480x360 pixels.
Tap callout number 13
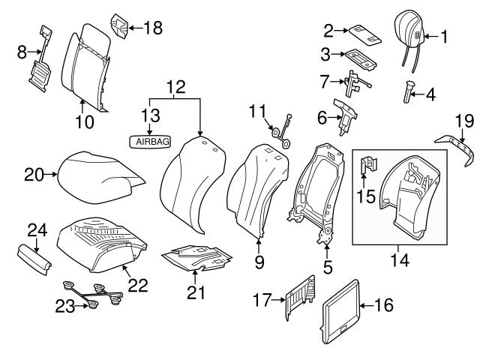pos(151,114)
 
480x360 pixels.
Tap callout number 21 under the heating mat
pos(196,292)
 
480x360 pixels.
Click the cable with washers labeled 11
pos(282,129)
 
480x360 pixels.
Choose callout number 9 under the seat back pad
pos(260,262)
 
